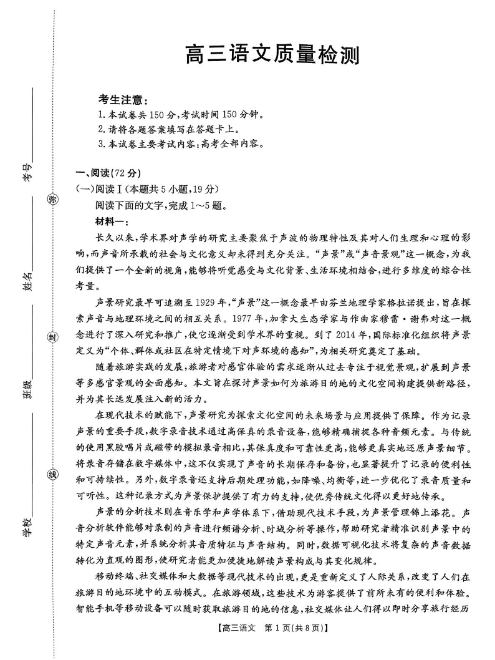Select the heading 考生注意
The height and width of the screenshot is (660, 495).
tap(123, 100)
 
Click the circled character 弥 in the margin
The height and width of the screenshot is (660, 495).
tap(52, 200)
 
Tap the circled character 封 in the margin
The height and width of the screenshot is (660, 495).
tap(52, 337)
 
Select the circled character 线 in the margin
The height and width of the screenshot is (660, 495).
tap(52, 474)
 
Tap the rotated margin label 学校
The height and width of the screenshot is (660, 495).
tap(27, 528)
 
